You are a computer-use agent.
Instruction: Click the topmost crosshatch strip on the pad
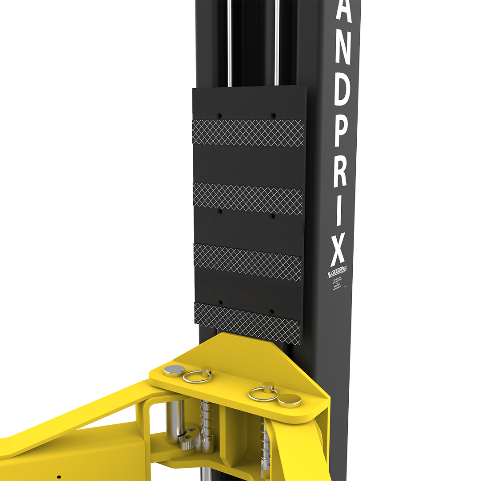point(248,132)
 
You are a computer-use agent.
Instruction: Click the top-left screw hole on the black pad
point(219,116)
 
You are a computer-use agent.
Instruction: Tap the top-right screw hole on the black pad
point(273,115)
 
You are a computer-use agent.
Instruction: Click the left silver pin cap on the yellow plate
point(174,370)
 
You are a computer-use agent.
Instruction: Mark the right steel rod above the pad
point(277,42)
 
